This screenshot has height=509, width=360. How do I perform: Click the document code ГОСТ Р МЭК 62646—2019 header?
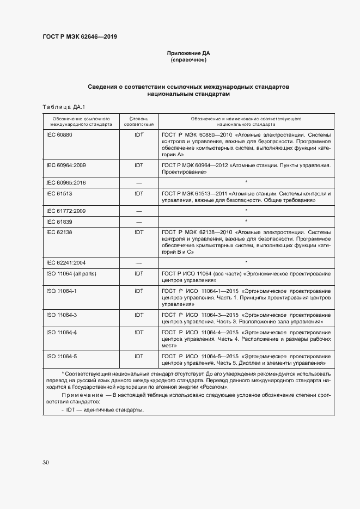click(80, 37)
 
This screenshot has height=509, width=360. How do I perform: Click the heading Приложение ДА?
click(188, 53)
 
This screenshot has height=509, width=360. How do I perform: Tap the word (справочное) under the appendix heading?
click(188, 60)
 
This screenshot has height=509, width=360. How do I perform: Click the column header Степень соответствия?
click(138, 121)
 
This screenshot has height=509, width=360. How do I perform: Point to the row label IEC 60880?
click(59, 134)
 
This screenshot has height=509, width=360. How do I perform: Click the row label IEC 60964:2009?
click(66, 165)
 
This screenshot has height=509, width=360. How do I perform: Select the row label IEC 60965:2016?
click(66, 182)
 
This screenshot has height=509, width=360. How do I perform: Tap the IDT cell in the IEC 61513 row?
click(138, 193)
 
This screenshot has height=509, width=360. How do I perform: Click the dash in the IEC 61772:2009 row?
click(138, 211)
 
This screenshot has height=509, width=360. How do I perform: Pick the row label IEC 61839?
click(59, 222)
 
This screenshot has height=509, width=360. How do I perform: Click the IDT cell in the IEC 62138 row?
click(138, 232)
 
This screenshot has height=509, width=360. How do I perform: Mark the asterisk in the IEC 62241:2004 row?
click(246, 262)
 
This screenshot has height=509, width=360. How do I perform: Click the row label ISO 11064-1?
click(62, 291)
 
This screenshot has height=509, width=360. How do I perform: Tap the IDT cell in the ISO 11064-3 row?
click(138, 315)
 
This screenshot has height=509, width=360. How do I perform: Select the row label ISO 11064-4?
click(62, 332)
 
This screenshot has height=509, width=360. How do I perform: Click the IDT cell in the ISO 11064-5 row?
click(138, 356)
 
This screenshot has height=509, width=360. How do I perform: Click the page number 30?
click(46, 462)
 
